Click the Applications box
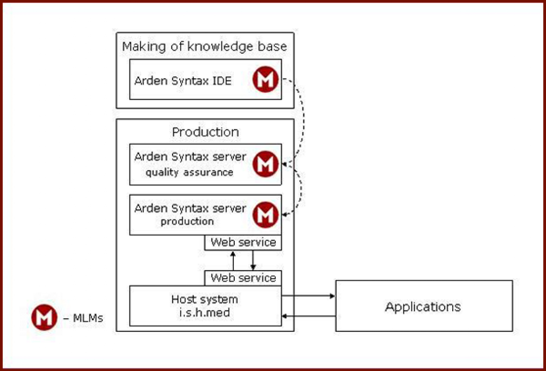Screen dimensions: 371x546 (424, 306)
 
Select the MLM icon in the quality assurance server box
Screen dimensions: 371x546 (266, 164)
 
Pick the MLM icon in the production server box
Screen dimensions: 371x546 (266, 215)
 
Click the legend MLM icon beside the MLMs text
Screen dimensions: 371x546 (44, 317)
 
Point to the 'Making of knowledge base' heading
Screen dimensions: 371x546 (204, 47)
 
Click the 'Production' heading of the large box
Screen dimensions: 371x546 (205, 132)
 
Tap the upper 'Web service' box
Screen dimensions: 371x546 (243, 243)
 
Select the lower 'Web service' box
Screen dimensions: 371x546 (243, 278)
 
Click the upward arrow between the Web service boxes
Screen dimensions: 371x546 (233, 260)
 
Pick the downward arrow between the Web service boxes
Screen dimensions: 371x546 (253, 260)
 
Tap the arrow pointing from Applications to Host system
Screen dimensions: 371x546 (308, 316)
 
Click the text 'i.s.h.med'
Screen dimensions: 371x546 (205, 313)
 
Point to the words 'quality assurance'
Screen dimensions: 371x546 (189, 172)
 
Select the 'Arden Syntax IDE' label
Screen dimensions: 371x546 (183, 81)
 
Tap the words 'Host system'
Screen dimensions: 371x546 (204, 300)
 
